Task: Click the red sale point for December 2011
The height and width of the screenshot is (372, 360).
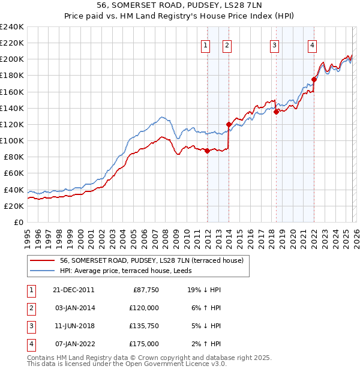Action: point(207,151)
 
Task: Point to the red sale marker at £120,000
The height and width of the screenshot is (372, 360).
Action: point(229,124)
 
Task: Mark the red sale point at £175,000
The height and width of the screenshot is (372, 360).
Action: point(314,79)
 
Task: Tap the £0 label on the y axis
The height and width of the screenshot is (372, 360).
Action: point(18,222)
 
